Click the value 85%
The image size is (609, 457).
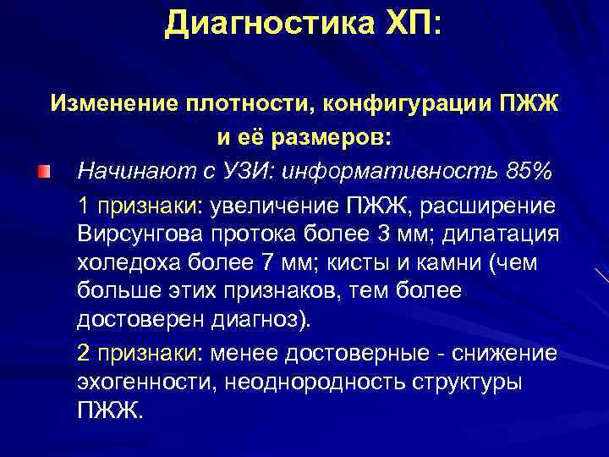click(x=526, y=173)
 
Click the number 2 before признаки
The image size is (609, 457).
click(x=83, y=353)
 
